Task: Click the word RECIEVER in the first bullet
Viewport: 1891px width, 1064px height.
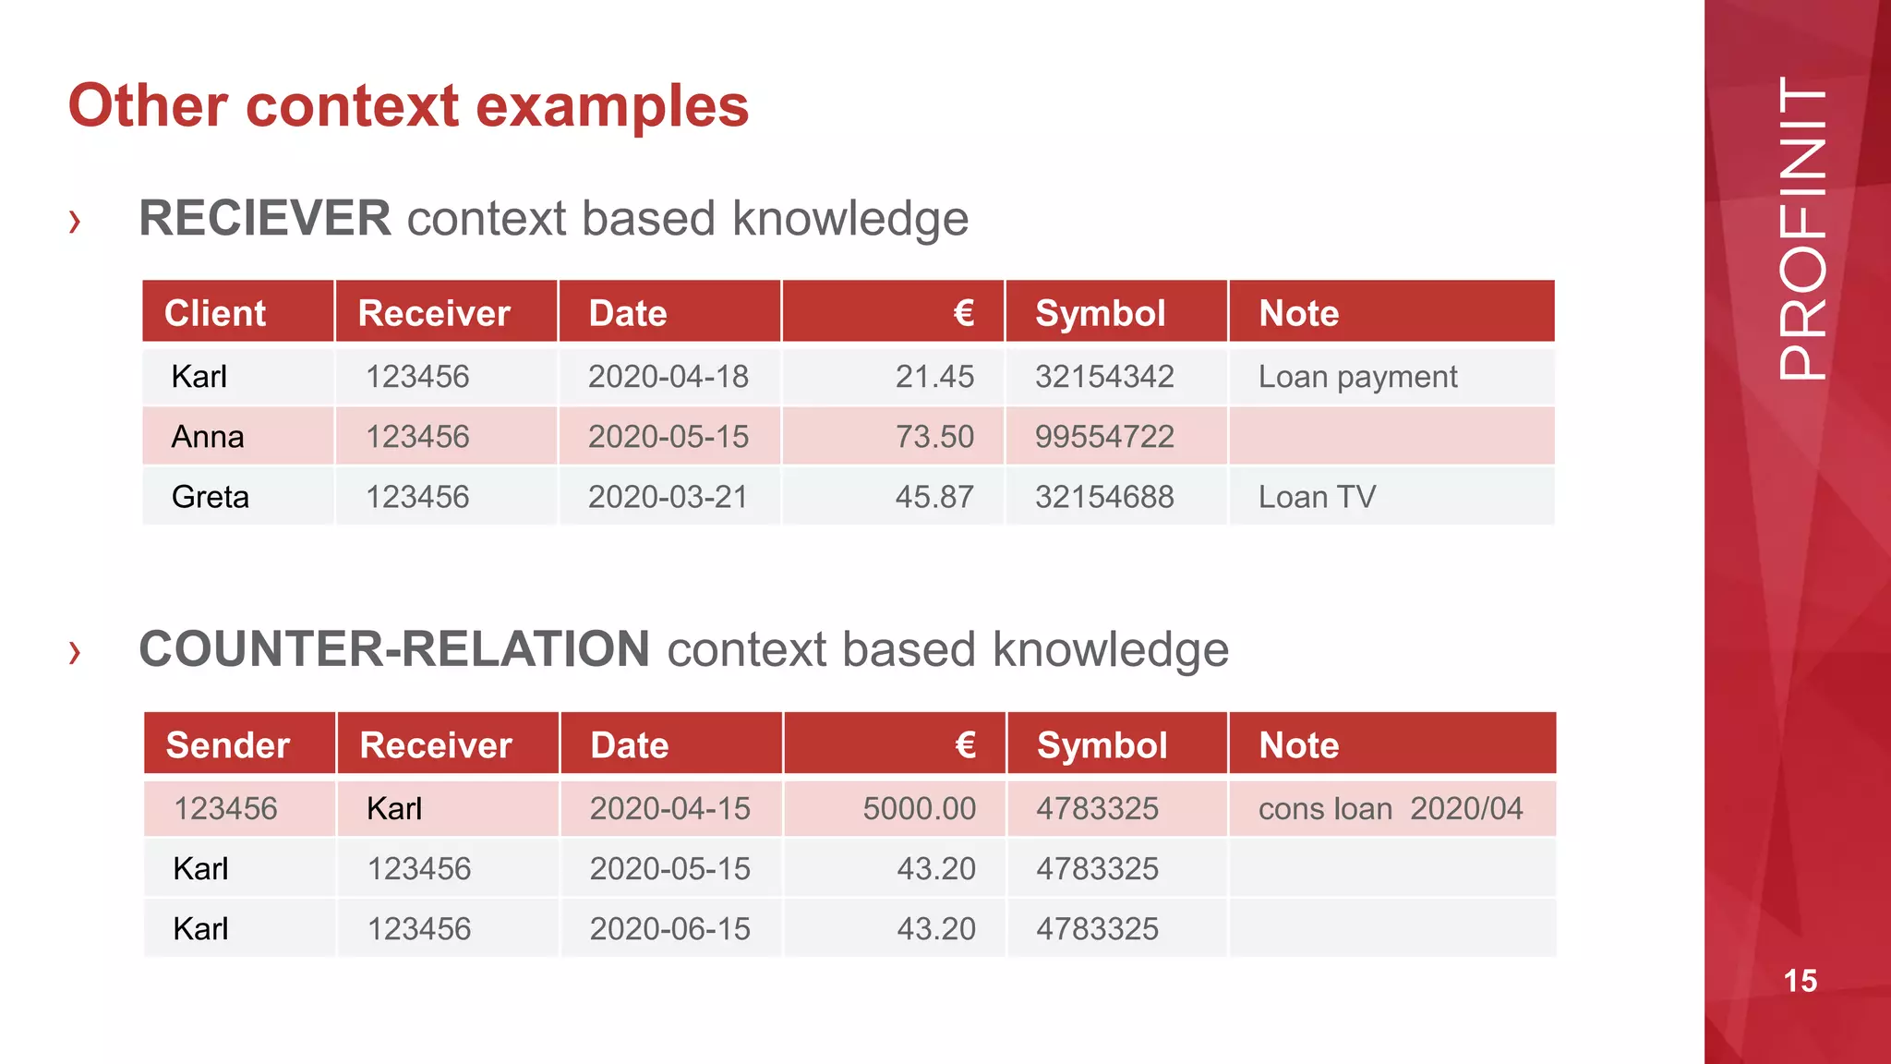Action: [x=265, y=219]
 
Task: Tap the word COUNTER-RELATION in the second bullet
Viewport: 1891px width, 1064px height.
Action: [x=394, y=649]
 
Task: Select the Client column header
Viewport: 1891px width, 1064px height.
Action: [x=215, y=313]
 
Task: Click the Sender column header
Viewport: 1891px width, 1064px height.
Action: [x=228, y=745]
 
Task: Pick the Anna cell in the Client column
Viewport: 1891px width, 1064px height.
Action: [x=208, y=437]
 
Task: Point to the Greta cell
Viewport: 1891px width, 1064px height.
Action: [x=211, y=497]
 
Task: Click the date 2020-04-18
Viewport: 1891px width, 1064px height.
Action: [x=668, y=377]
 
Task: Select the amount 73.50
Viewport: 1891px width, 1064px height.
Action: [x=934, y=437]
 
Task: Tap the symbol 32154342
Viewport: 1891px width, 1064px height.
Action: [x=1104, y=377]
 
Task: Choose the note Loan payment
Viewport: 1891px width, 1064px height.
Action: [x=1357, y=377]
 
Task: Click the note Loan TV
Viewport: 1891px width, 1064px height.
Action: [x=1317, y=497]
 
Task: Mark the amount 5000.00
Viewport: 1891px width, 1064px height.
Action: [x=919, y=809]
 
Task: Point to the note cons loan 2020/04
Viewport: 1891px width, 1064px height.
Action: [x=1391, y=809]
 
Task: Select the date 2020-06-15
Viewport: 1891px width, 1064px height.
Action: [x=670, y=929]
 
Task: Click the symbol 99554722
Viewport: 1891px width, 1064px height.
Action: [x=1104, y=437]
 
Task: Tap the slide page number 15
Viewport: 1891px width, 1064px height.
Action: [x=1801, y=981]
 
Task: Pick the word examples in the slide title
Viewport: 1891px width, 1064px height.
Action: [x=612, y=106]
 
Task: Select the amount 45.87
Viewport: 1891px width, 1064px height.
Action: [x=934, y=497]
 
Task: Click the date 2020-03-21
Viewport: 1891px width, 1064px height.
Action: [x=668, y=497]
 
